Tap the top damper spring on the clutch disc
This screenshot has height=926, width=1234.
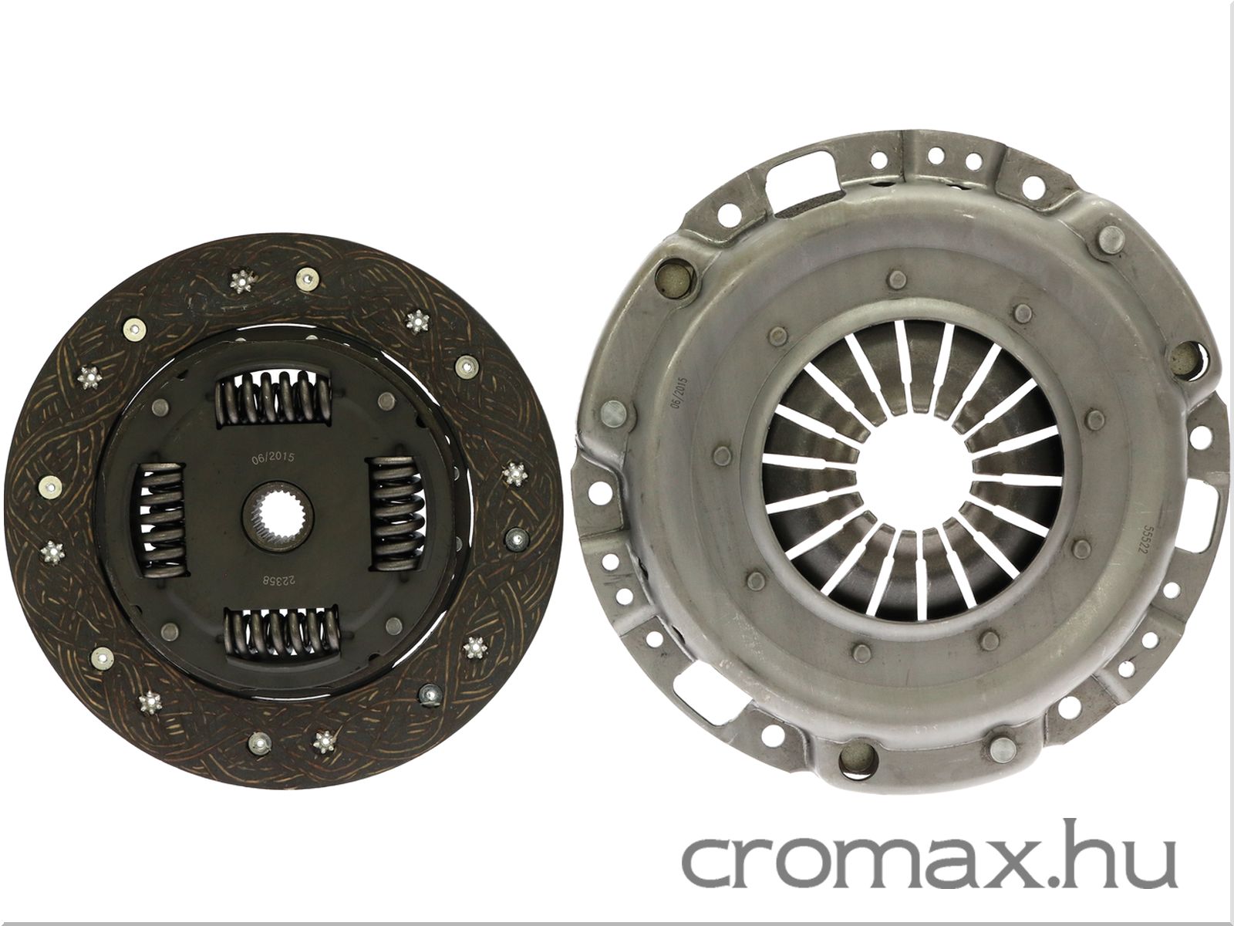(x=273, y=397)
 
